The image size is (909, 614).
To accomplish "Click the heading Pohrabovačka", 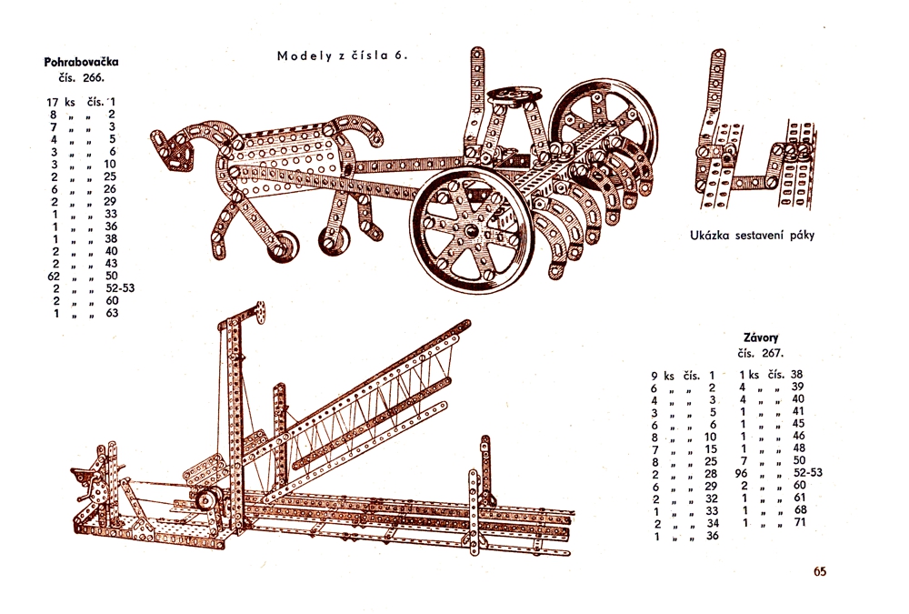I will pyautogui.click(x=82, y=63).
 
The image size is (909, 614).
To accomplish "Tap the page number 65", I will pyautogui.click(x=820, y=571).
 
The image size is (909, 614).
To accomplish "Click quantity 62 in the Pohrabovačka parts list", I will pyautogui.click(x=53, y=276).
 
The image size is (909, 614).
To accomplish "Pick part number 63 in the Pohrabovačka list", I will pyautogui.click(x=111, y=313).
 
